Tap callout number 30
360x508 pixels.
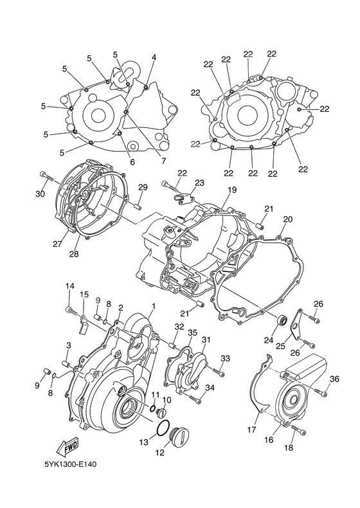(40, 194)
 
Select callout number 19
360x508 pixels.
(231, 190)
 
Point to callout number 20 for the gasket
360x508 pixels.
(287, 219)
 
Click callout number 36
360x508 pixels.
(335, 379)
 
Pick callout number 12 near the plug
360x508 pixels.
(159, 452)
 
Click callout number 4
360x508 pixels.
(154, 57)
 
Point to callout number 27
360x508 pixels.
(57, 244)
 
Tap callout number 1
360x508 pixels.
(153, 306)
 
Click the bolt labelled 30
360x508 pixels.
(44, 174)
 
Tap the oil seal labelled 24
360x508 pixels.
(281, 320)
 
